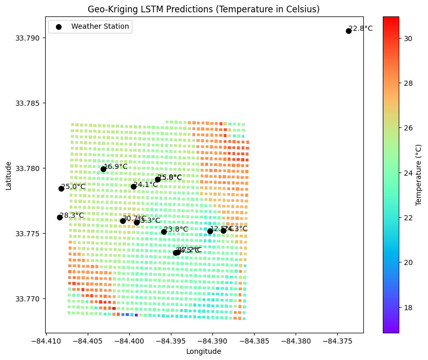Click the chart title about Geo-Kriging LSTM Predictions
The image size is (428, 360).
204,9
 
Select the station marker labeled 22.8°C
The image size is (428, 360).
348,31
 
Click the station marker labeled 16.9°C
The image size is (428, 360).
103,169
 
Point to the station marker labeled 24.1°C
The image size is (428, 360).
133,186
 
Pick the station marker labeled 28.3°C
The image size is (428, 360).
60,217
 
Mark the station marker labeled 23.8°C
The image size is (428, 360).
164,232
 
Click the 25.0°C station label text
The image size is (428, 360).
73,187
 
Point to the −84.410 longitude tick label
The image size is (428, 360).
46,341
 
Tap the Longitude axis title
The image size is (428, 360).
204,352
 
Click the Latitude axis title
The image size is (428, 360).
8,175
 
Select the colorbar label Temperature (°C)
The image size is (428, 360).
418,175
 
